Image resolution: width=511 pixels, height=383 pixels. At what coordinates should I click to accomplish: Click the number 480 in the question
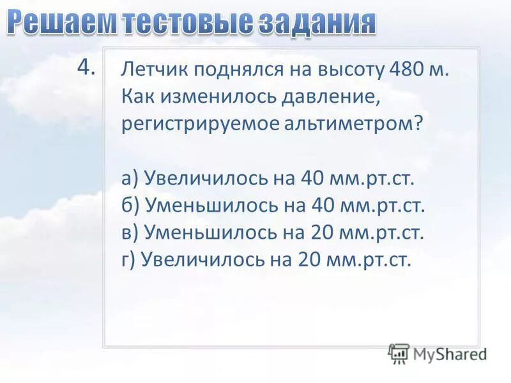400,70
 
